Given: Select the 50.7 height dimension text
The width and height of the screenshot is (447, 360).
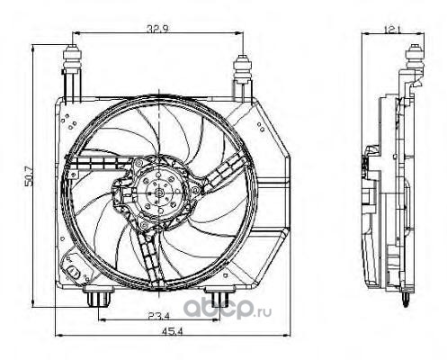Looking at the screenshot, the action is coord(29,177).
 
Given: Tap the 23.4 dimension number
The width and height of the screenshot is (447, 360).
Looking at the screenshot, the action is coord(158,315).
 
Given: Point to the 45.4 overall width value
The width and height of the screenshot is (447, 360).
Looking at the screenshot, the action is coord(173,331).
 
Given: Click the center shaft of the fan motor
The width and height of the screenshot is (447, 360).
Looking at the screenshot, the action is coord(159,193).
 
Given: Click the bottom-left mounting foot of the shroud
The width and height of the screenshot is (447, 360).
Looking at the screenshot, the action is coord(98,296).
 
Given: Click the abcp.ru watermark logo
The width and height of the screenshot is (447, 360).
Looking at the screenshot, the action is coord(227,309).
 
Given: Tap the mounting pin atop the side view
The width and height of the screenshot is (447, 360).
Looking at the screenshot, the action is coord(415,58).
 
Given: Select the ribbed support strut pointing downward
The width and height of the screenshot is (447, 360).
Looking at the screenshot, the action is coord(149,257).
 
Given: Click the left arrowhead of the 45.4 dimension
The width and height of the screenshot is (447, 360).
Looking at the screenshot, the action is coord(58,335).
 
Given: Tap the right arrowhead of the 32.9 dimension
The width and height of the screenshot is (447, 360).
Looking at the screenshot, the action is coord(240,33).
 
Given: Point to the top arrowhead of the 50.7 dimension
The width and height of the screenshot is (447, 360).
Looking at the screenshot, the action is coord(32,48).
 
